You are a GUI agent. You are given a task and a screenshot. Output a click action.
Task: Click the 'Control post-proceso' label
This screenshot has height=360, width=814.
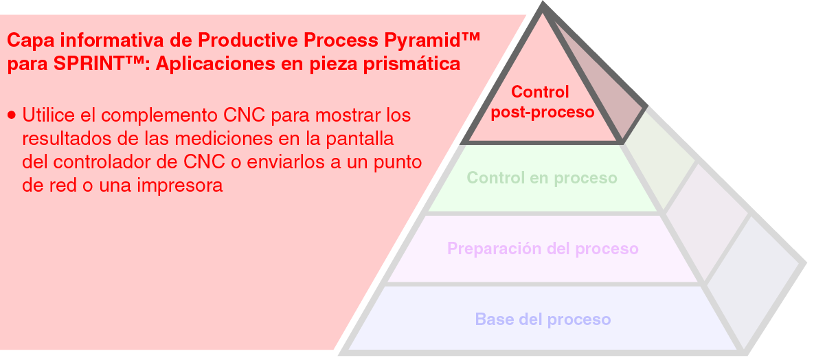click(x=542, y=102)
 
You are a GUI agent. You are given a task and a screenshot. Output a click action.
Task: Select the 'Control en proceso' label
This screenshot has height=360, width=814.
click(x=542, y=179)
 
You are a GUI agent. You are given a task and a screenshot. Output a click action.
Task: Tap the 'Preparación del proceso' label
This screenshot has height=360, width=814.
click(x=543, y=249)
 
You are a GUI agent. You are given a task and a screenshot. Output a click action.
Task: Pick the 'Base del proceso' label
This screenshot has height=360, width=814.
click(x=543, y=319)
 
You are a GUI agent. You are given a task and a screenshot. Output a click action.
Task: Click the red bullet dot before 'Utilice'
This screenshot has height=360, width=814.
click(x=12, y=115)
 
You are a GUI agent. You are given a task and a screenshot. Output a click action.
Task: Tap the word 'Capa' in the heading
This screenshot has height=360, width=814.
click(x=26, y=39)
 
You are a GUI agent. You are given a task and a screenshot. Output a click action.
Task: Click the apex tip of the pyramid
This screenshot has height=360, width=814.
click(x=543, y=5)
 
